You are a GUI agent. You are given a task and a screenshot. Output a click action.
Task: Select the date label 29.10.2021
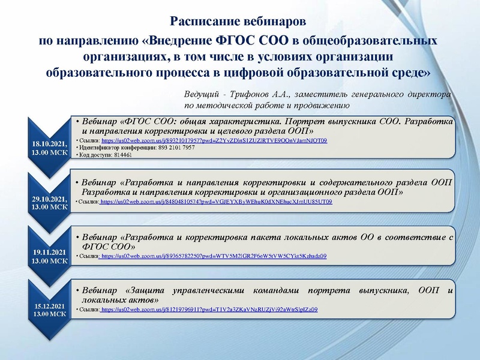coord(50,199)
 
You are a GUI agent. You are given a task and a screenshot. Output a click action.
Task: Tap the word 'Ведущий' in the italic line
coord(202,95)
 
